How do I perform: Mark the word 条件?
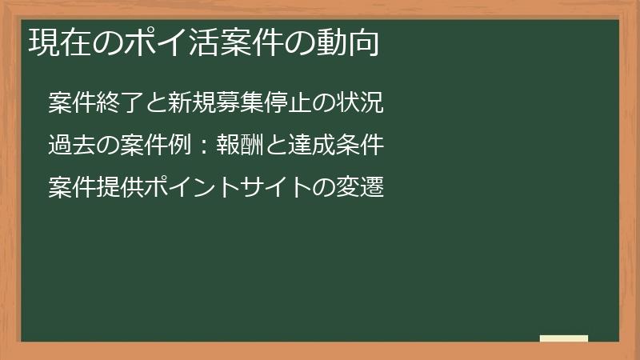coord(362,146)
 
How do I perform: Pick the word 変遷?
coord(362,188)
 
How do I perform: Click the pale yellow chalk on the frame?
coord(564,338)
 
